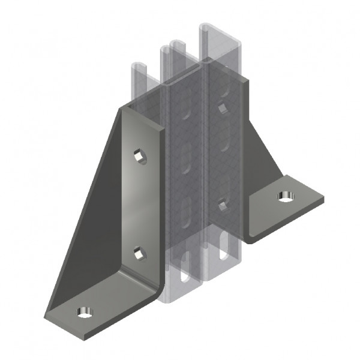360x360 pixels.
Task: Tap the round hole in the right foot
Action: (283, 195)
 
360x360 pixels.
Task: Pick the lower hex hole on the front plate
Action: (140, 254)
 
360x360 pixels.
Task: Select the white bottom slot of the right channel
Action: (225, 248)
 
